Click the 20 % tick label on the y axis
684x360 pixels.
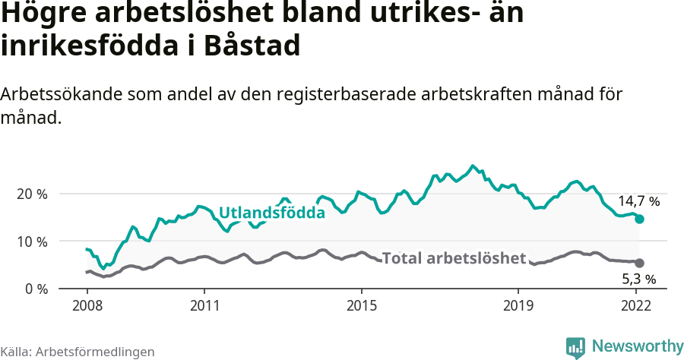pos(31,194)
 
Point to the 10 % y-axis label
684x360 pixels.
pos(31,242)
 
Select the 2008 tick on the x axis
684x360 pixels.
pos(87,307)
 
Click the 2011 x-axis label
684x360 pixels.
pos(204,307)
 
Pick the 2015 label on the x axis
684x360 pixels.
pos(362,307)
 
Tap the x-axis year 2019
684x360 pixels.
pos(518,307)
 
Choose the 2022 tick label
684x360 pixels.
pos(636,307)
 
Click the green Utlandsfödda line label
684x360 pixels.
pos(272,213)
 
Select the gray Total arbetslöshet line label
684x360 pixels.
pos(454,258)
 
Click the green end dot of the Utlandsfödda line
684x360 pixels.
pos(639,219)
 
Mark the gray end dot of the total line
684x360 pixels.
pos(639,263)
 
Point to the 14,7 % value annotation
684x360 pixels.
pos(638,202)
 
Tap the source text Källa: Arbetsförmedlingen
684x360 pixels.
pos(78,352)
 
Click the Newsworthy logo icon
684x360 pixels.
pos(576,347)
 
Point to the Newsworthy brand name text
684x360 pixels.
pos(638,347)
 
